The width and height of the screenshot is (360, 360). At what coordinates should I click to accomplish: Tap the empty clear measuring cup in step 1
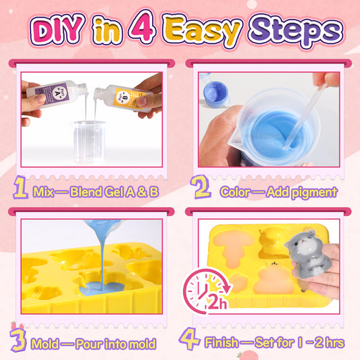[89, 142]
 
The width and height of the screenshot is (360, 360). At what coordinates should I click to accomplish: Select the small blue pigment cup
[215, 95]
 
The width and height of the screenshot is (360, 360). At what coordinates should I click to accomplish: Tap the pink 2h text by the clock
[217, 303]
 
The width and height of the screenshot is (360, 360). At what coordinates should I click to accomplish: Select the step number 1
[20, 187]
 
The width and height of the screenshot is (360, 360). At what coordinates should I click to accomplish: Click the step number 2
[200, 186]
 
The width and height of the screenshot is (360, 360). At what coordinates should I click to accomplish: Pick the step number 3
[18, 340]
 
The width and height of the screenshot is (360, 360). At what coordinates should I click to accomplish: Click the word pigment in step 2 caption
[313, 193]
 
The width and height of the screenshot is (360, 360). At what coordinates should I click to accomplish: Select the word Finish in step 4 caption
[222, 342]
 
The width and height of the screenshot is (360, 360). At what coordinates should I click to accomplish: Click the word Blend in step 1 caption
[86, 192]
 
